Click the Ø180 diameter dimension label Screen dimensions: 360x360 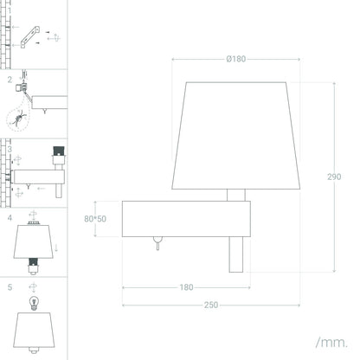pos(236,59)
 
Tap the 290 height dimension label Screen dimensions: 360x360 pos(334,177)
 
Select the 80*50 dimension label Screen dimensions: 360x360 pos(95,219)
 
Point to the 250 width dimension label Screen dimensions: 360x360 pos(211,305)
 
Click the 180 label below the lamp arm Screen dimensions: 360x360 pos(186,287)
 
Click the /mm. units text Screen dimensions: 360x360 pos(331,343)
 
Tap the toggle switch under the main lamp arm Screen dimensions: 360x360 pos(157,243)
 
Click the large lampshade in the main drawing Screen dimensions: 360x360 pos(236,136)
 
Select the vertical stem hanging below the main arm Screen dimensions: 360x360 pos(236,254)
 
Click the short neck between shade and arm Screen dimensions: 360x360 pos(236,195)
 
